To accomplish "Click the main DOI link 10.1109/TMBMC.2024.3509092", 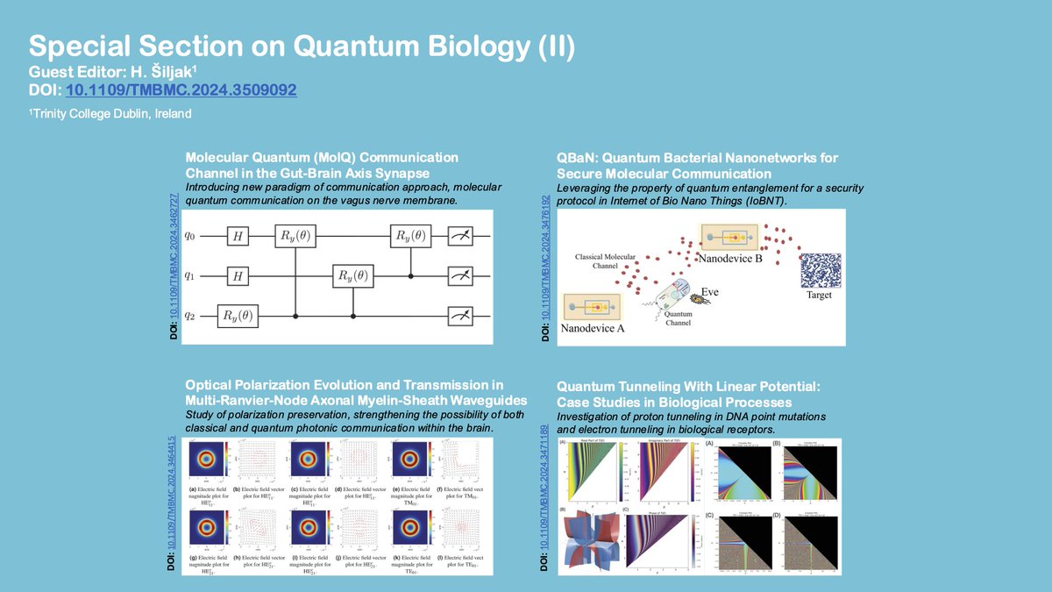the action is [181, 89].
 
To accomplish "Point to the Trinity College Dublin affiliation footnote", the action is [110, 114].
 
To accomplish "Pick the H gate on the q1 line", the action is [237, 275].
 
